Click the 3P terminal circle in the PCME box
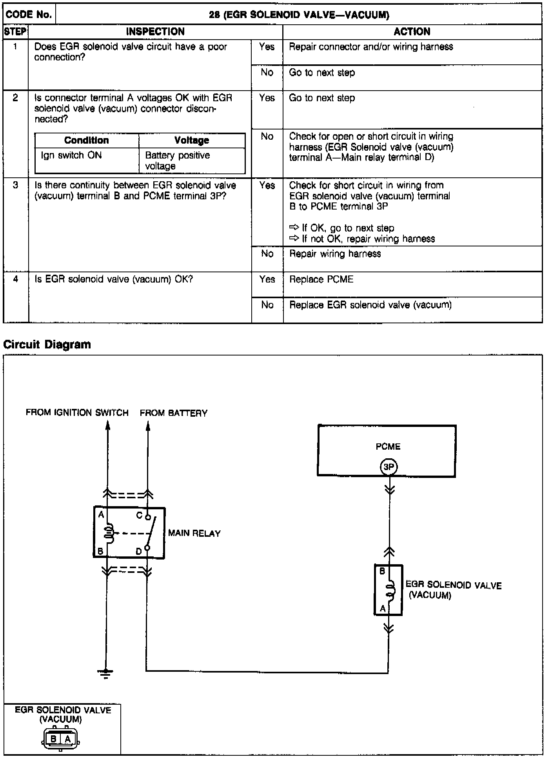388,467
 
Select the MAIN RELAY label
194,533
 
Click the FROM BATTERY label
174,413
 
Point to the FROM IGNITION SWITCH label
77,413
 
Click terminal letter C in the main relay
139,515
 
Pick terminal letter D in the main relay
138,551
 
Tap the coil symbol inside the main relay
109,532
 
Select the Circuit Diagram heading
47,345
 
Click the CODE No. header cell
29,15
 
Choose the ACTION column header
412,32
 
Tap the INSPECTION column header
155,32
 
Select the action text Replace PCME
321,279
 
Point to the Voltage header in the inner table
191,140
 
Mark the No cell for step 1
267,73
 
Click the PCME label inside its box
388,447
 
